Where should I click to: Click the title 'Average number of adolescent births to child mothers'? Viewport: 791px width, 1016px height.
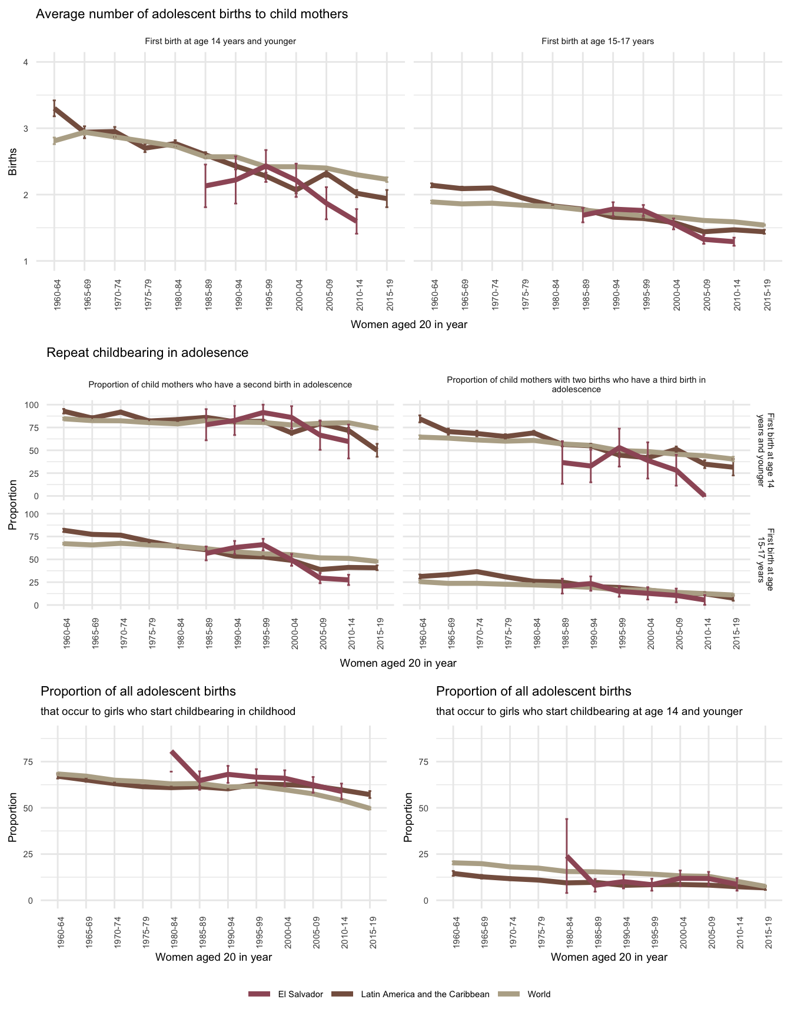point(192,14)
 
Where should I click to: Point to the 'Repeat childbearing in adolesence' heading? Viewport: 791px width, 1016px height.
point(147,353)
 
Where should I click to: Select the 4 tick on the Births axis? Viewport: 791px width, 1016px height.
point(26,62)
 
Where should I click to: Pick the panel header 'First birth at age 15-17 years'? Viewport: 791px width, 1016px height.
point(597,41)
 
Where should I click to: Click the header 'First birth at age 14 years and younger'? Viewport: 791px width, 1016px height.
point(220,41)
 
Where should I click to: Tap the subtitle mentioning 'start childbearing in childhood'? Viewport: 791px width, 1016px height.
point(168,711)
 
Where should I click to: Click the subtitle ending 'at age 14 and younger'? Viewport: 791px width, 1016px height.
point(589,711)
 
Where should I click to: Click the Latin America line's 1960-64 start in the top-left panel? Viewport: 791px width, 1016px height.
point(54,109)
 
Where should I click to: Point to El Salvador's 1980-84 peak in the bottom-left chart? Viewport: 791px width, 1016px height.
point(172,752)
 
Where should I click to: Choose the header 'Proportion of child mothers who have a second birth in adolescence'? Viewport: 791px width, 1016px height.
point(220,385)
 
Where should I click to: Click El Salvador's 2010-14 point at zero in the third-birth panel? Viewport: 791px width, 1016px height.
point(704,496)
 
